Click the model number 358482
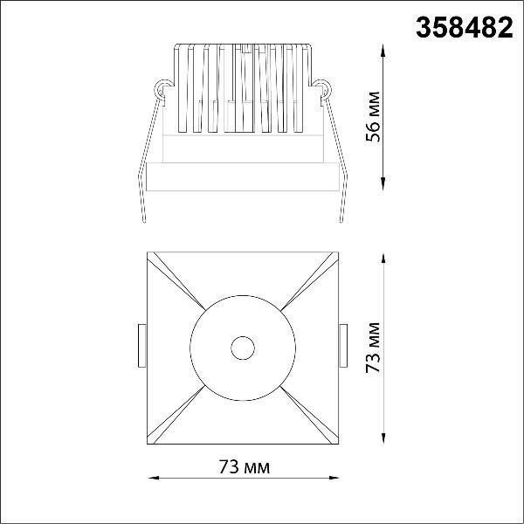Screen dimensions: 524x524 [x=465, y=28]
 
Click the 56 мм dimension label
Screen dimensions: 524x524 [x=373, y=117]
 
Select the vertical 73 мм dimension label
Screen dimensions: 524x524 [x=373, y=348]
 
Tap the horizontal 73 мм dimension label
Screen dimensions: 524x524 [x=245, y=466]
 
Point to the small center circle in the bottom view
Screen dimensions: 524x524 [x=243, y=348]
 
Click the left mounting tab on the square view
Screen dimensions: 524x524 [x=142, y=346]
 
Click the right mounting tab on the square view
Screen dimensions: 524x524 [x=343, y=346]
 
